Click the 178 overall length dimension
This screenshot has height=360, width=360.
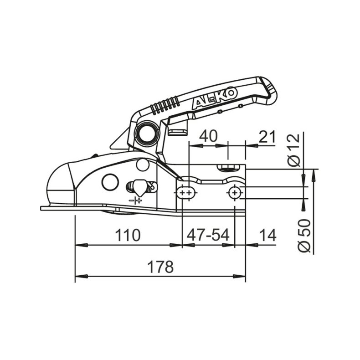click(160, 267)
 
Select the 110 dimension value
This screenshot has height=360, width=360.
click(127, 236)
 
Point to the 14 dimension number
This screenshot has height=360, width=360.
click(268, 236)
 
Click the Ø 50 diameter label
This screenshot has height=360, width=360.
click(304, 235)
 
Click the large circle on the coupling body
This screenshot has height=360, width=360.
click(110, 182)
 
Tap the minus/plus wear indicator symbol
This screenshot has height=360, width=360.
click(135, 200)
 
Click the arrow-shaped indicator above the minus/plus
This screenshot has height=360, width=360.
click(139, 187)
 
